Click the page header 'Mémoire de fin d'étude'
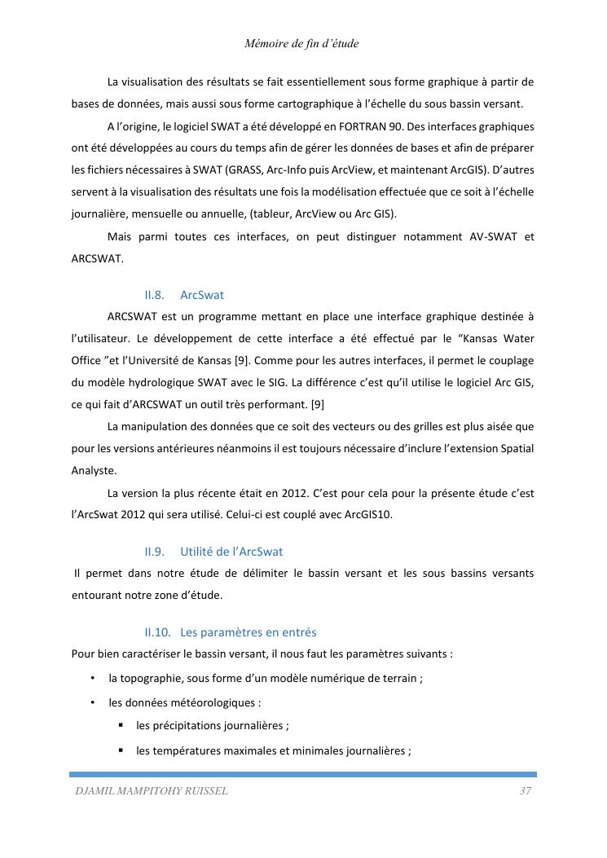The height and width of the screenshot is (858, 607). pos(301,43)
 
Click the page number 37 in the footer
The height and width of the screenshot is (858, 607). pos(526,791)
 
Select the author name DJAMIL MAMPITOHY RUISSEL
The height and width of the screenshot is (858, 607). pos(152,791)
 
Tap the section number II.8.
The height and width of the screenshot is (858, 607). pos(155,295)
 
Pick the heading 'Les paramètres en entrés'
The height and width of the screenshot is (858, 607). pos(249,632)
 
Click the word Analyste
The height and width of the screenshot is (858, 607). pos(94,470)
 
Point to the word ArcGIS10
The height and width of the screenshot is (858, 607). pos(369,514)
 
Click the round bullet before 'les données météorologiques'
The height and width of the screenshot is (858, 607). pos(94,702)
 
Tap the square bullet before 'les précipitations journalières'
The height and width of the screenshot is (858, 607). pos(121,725)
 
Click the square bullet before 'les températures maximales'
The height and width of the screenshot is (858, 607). pos(121,750)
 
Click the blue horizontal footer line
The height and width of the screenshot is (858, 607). pos(303,774)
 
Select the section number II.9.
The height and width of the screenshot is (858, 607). pos(155,552)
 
